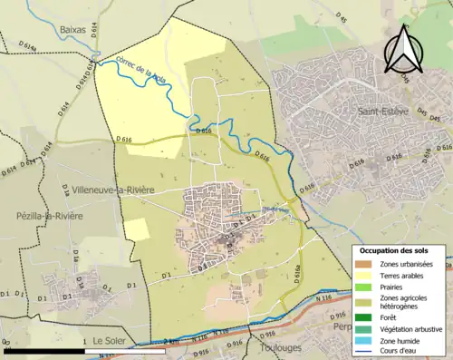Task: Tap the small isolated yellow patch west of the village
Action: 136,229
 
